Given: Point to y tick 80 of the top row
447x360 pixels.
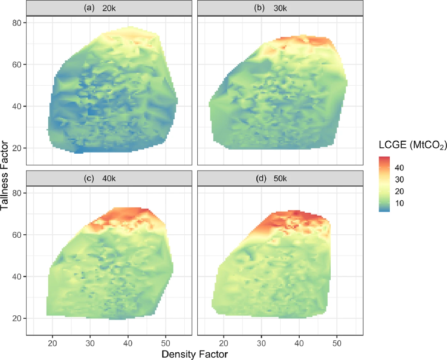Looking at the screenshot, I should (19, 23).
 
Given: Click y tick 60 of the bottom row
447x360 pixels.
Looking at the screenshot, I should (19, 235).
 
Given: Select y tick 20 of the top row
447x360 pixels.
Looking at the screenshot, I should (19, 148).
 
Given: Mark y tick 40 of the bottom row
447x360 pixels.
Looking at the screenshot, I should (19, 277).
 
